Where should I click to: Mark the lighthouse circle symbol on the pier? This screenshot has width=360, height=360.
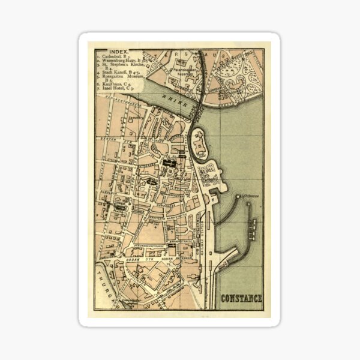tap(239, 196)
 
